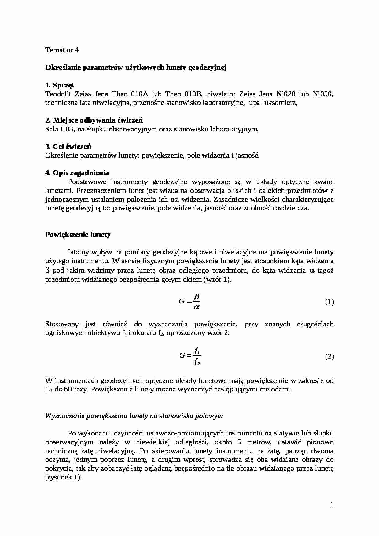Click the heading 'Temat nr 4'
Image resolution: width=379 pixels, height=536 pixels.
(62, 50)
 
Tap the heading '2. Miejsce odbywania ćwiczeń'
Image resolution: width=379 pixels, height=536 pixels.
(94, 120)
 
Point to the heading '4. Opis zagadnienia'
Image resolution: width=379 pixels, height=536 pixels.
(77, 173)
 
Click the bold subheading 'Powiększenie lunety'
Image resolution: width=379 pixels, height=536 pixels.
(78, 234)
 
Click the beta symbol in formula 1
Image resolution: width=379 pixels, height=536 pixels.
(197, 296)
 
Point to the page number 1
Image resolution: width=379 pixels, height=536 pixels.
(332, 505)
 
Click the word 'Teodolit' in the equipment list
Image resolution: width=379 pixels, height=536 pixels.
(57, 94)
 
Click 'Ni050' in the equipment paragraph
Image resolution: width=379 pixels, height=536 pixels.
(323, 94)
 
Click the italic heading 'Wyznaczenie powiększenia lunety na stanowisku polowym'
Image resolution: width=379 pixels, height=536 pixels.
(134, 416)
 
